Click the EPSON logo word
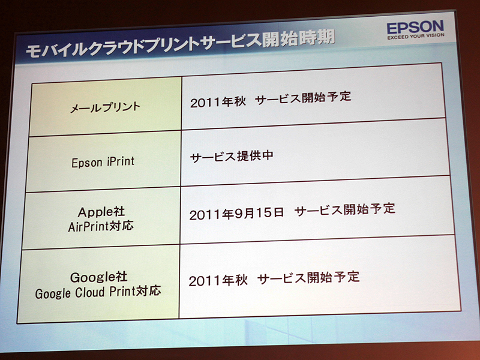pos(415,28)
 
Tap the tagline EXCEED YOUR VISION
pos(415,39)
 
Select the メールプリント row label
pos(105,107)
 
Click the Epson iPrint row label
pos(103,162)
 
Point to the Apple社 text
pos(100,212)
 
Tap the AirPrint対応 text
pos(100,227)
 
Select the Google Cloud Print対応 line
pos(98,293)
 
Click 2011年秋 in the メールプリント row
pos(215,101)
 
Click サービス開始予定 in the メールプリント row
pos(302,98)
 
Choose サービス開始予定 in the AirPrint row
pos(345,209)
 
